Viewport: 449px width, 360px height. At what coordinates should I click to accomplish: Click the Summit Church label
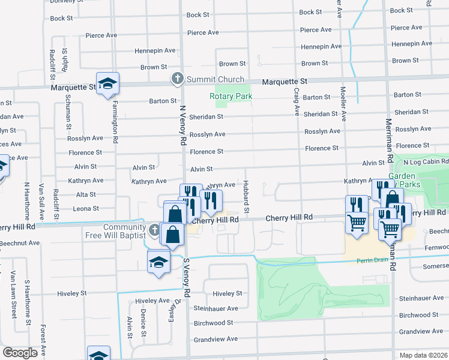[x=215, y=79]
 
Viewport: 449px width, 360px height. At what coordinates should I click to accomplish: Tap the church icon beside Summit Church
[x=178, y=79]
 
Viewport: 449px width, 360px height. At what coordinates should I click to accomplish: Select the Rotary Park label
[x=231, y=96]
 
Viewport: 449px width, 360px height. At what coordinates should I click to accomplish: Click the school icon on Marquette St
[x=108, y=83]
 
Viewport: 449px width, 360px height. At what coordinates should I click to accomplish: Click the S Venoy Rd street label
[x=187, y=280]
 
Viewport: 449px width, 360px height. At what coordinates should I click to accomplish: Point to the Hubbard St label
[x=247, y=197]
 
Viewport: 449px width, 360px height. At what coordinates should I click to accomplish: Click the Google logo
[x=20, y=353]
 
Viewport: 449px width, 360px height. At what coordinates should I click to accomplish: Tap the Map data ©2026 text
[x=423, y=355]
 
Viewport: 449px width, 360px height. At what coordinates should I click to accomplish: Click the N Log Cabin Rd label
[x=426, y=162]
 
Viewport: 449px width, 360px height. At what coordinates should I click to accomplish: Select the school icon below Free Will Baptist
[x=159, y=262]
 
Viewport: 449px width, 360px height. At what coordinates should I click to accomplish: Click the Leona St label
[x=85, y=209]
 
